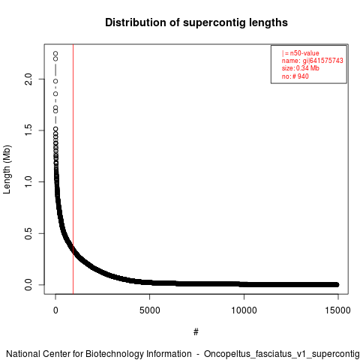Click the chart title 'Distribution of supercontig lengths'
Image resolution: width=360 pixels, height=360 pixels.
[x=196, y=22]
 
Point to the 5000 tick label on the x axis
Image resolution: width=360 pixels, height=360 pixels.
[x=149, y=310]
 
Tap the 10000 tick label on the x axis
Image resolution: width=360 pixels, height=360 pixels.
[x=244, y=310]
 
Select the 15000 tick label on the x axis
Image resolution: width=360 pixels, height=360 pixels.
[x=337, y=310]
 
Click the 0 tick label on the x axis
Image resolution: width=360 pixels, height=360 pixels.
[x=55, y=310]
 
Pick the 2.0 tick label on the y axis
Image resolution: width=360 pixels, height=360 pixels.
[x=28, y=79]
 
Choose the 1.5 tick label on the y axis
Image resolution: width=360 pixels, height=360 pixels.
[x=28, y=130]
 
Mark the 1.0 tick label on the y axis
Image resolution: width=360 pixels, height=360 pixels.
[x=28, y=181]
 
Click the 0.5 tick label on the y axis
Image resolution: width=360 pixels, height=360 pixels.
[x=28, y=233]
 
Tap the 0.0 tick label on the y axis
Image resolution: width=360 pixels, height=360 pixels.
[x=28, y=285]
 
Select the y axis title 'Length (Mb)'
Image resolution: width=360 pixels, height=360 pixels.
[x=7, y=169]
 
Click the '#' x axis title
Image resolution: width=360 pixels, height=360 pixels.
[x=196, y=331]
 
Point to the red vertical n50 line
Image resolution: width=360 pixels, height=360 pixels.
[x=73, y=169]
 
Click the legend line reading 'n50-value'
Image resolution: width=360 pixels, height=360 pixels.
[x=301, y=53]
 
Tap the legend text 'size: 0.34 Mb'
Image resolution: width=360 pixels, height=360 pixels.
[x=301, y=68]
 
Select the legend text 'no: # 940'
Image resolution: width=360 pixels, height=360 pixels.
[x=295, y=76]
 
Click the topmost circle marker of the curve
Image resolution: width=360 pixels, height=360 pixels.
[x=55, y=53]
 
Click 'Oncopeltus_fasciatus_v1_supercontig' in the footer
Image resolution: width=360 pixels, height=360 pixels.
[x=282, y=354]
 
